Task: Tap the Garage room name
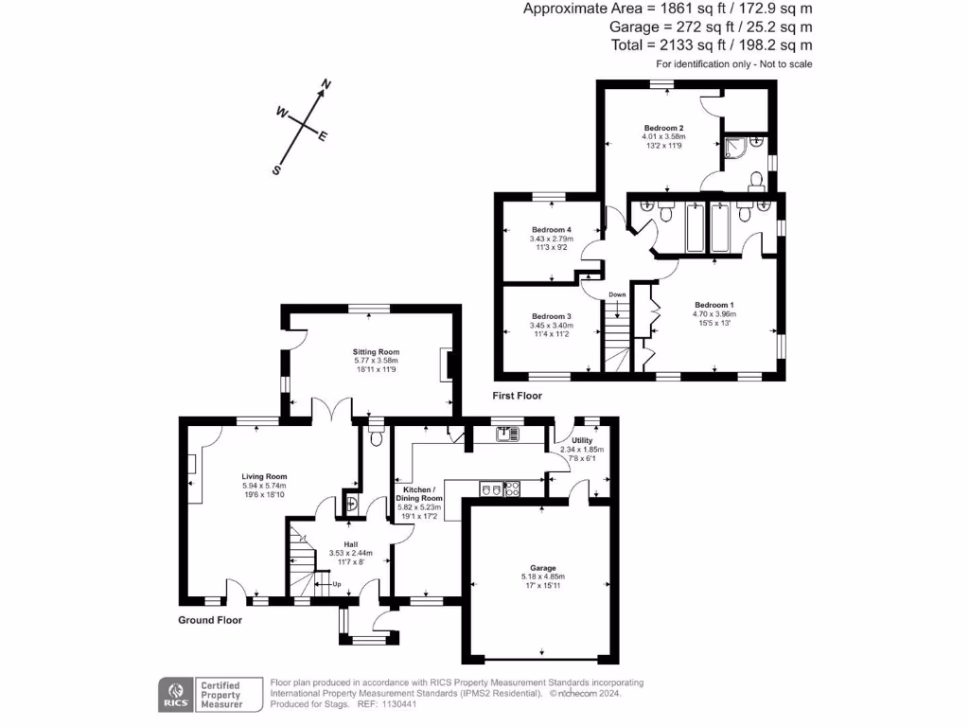tap(543, 567)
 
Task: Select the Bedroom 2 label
tap(663, 128)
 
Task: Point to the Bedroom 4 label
tap(551, 230)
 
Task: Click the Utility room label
tap(581, 440)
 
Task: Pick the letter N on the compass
tap(326, 85)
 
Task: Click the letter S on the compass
tap(276, 170)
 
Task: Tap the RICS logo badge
tap(174, 695)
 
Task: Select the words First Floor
tap(517, 396)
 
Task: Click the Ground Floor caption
tap(210, 621)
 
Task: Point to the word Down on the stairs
tap(617, 294)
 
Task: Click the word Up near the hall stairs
tap(335, 584)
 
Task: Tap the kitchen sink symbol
tap(508, 434)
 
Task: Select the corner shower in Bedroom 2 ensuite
tap(752, 146)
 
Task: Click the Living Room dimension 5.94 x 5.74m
tap(264, 486)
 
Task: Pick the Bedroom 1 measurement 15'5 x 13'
tap(714, 324)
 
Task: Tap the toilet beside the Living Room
tap(377, 436)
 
